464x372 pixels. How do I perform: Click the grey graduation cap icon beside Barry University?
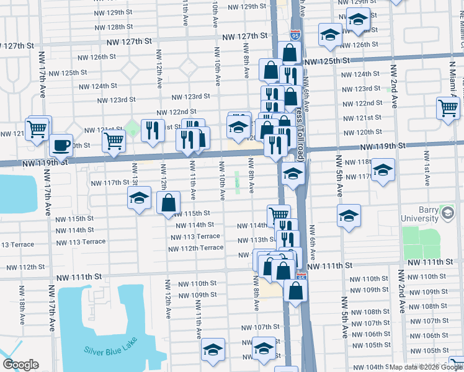[447, 213]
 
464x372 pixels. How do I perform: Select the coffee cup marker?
[60, 145]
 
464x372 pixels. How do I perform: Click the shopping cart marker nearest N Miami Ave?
[448, 108]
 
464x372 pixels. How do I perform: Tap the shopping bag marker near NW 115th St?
[168, 202]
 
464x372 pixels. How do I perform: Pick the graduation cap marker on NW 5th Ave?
[349, 215]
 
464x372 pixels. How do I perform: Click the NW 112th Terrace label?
[195, 248]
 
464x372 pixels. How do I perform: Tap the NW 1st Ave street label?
[427, 168]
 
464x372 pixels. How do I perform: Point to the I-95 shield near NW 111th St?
[301, 277]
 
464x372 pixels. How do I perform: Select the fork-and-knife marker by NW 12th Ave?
[151, 129]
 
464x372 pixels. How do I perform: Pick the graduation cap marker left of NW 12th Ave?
[139, 198]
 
